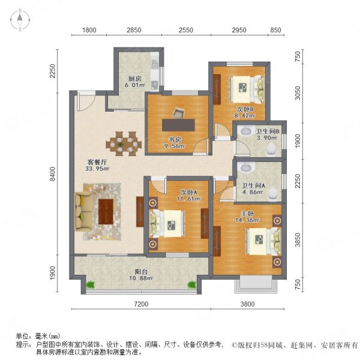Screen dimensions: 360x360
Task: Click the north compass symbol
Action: point(20,20)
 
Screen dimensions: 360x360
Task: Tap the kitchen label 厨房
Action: point(135,78)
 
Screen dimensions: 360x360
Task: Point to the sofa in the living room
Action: point(82,211)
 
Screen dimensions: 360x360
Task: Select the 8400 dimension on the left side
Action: point(53,175)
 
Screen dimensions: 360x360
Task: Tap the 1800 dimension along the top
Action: point(89,29)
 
